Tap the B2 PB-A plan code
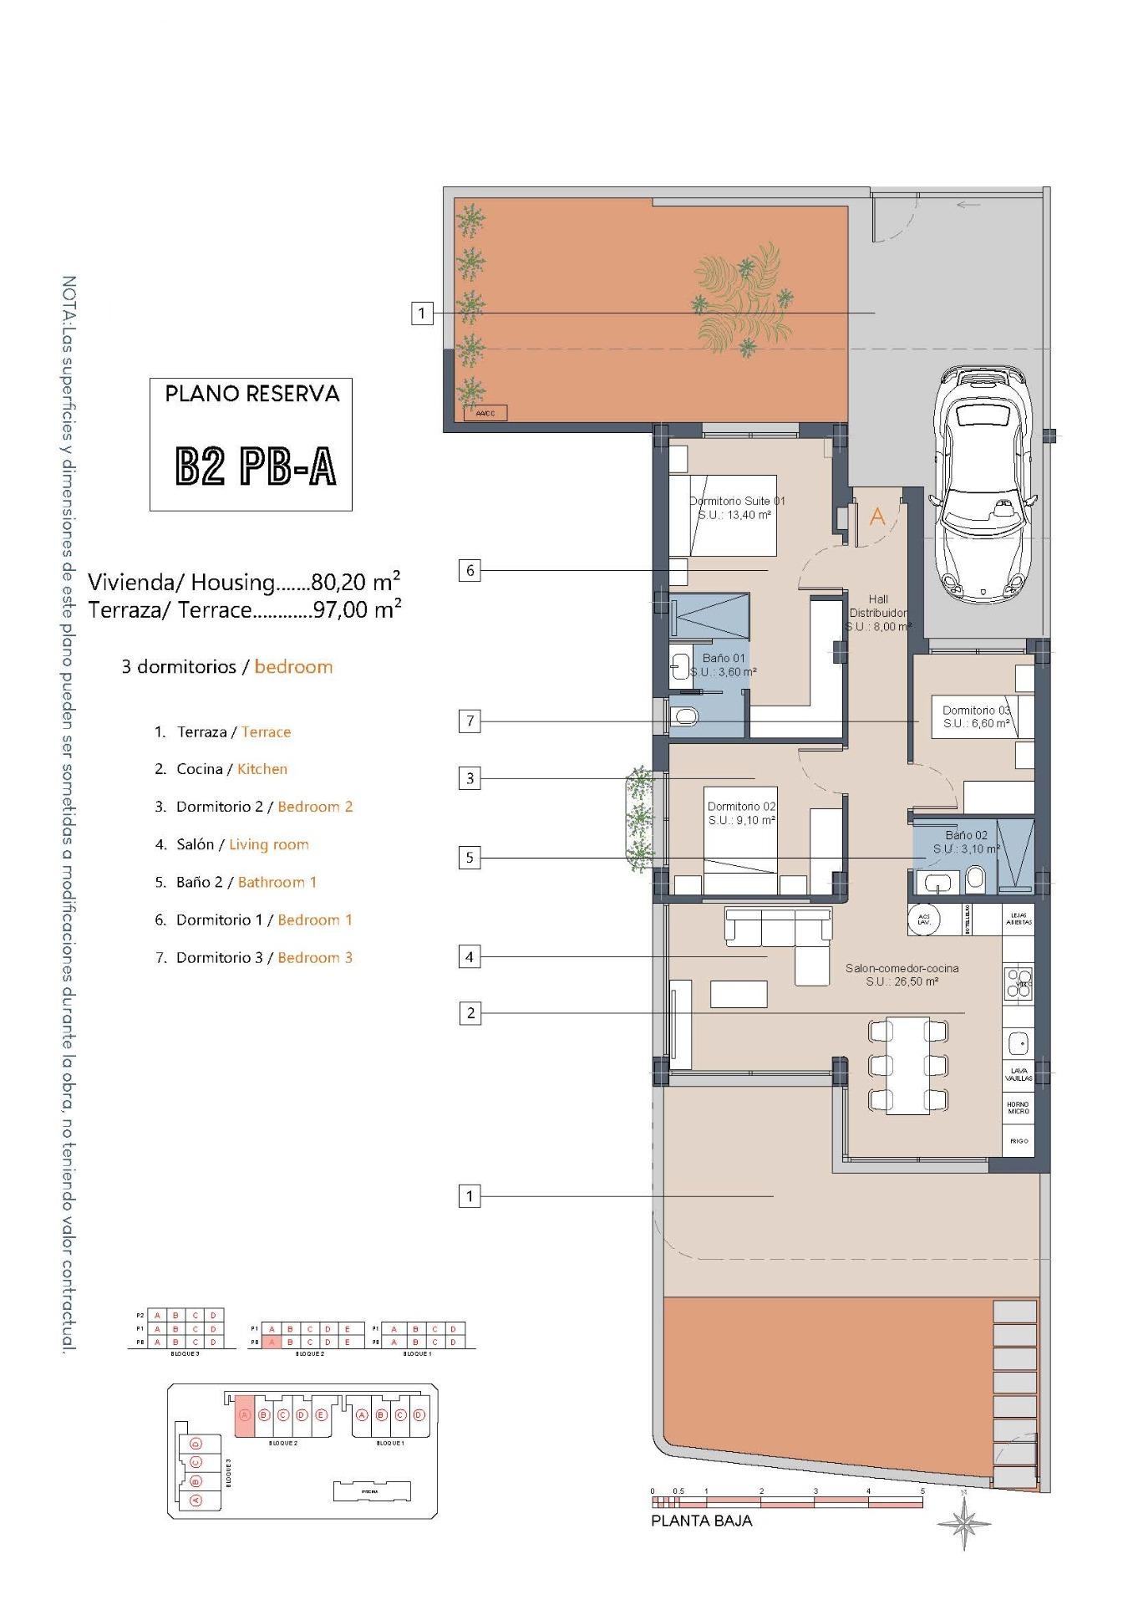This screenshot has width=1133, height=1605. pyautogui.click(x=256, y=466)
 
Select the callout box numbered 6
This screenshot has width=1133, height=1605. pyautogui.click(x=470, y=571)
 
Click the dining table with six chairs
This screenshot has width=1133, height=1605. pyautogui.click(x=907, y=1065)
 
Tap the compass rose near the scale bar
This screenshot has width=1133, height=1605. pyautogui.click(x=964, y=1523)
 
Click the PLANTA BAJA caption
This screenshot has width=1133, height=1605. pyautogui.click(x=701, y=1521)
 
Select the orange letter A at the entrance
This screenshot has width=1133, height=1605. pyautogui.click(x=876, y=517)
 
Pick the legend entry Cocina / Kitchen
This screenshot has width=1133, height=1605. pyautogui.click(x=231, y=769)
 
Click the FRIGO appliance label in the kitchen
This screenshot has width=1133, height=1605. pyautogui.click(x=1018, y=1141)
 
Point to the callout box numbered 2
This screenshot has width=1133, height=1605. pyautogui.click(x=470, y=1013)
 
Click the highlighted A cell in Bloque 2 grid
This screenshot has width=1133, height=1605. pyautogui.click(x=271, y=1342)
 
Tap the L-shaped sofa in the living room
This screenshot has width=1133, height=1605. pyautogui.click(x=785, y=940)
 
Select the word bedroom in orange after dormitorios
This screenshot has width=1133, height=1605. pyautogui.click(x=293, y=667)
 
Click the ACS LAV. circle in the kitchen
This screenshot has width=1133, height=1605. pyautogui.click(x=923, y=919)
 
